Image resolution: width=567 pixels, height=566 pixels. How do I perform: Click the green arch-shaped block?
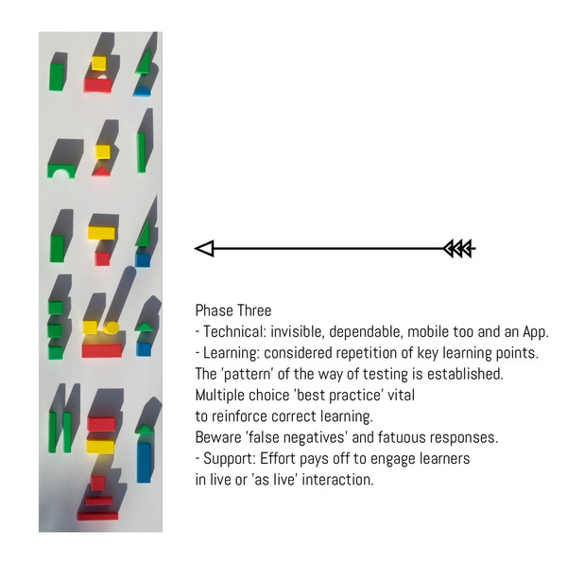62,171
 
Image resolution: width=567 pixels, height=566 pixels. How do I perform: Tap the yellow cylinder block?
112,328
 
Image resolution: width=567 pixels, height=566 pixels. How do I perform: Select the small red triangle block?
100,171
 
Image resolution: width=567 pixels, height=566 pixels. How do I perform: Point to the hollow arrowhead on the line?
205,249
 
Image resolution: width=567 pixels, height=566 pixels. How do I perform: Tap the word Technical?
236,332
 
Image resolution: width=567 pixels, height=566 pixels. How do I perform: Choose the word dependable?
388,332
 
